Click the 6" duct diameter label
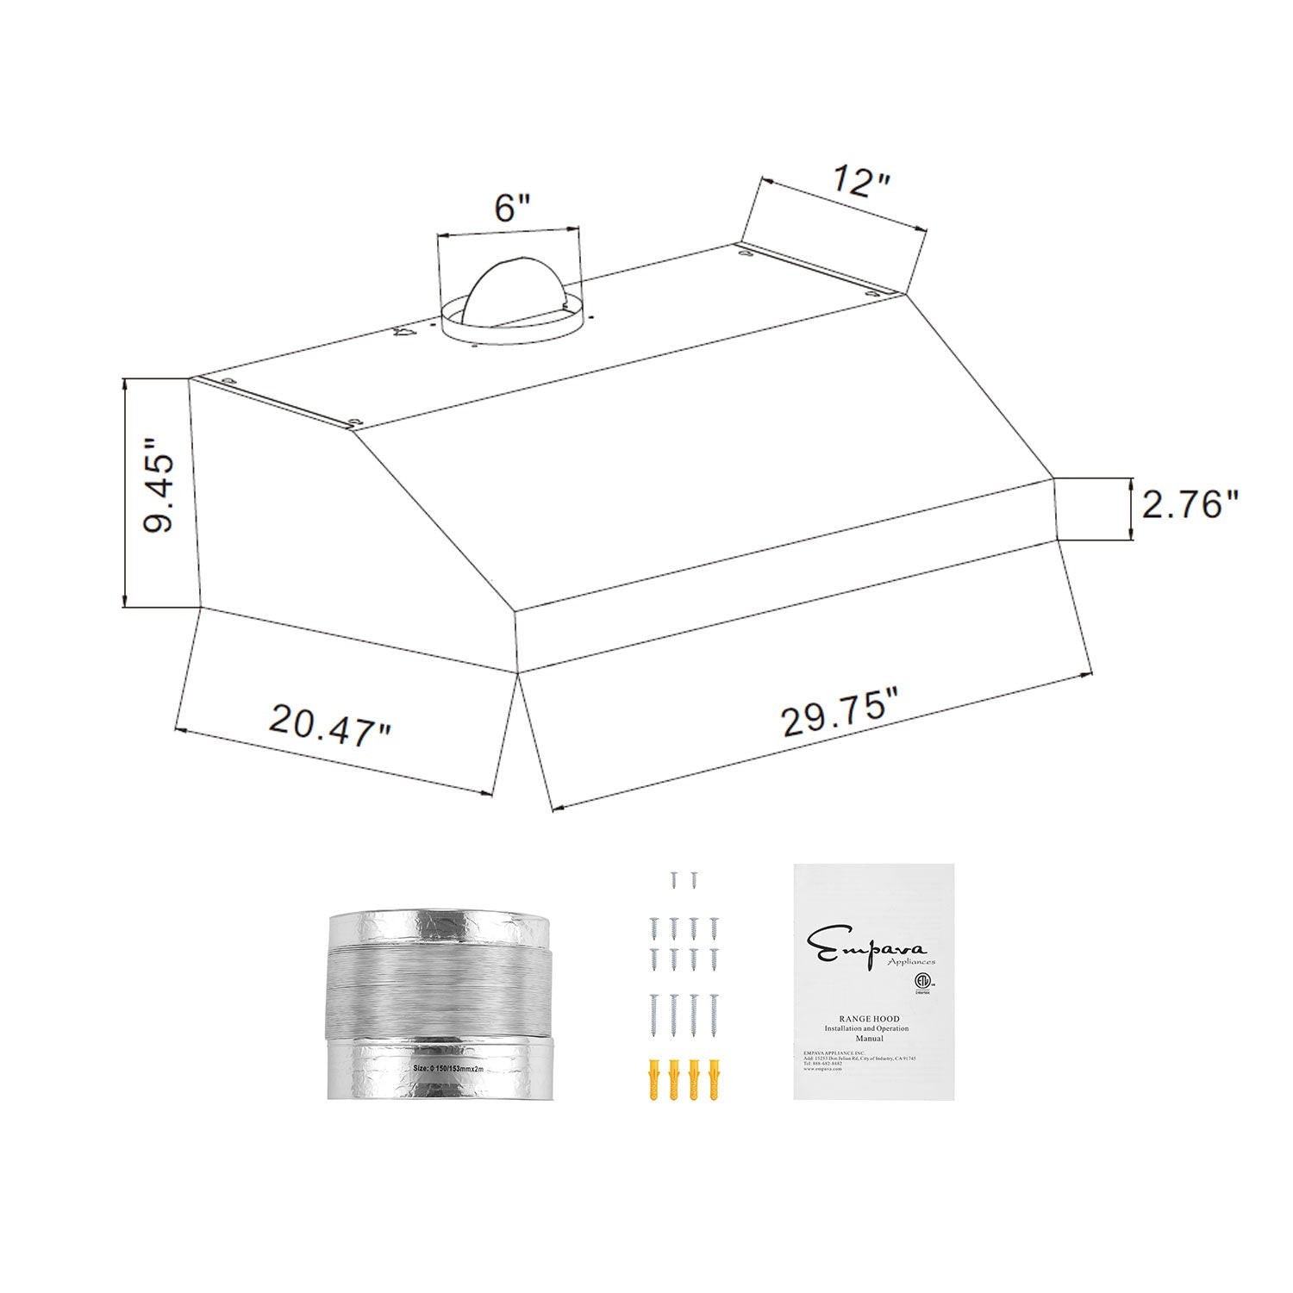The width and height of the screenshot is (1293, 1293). click(x=511, y=208)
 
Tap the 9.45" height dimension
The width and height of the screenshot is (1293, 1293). click(x=159, y=485)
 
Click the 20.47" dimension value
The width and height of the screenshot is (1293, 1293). click(x=330, y=724)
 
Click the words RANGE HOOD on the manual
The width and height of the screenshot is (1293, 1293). click(x=869, y=1018)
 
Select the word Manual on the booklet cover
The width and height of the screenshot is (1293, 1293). click(x=869, y=1039)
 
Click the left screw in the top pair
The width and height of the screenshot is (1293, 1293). click(x=674, y=879)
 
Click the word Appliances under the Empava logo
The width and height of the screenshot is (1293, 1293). click(x=910, y=961)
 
